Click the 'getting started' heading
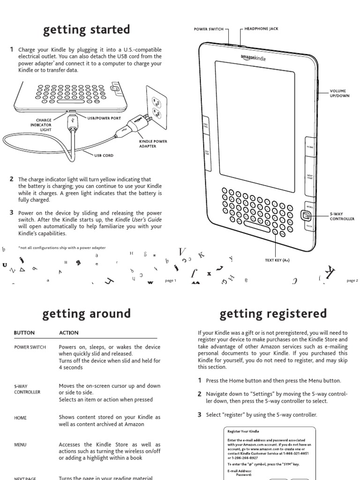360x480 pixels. (86, 30)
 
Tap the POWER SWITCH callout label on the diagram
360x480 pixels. (209, 29)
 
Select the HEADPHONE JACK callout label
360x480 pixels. (261, 29)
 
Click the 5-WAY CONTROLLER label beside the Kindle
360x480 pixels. (342, 217)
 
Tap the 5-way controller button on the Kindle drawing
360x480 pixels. (306, 216)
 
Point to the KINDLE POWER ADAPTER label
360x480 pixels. (153, 143)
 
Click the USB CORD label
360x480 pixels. (105, 155)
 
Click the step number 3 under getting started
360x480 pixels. (11, 212)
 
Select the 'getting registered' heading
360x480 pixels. (273, 313)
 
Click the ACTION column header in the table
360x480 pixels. (68, 333)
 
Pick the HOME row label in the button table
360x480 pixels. (20, 418)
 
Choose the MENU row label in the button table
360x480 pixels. (20, 445)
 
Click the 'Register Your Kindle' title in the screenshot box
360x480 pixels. (243, 431)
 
